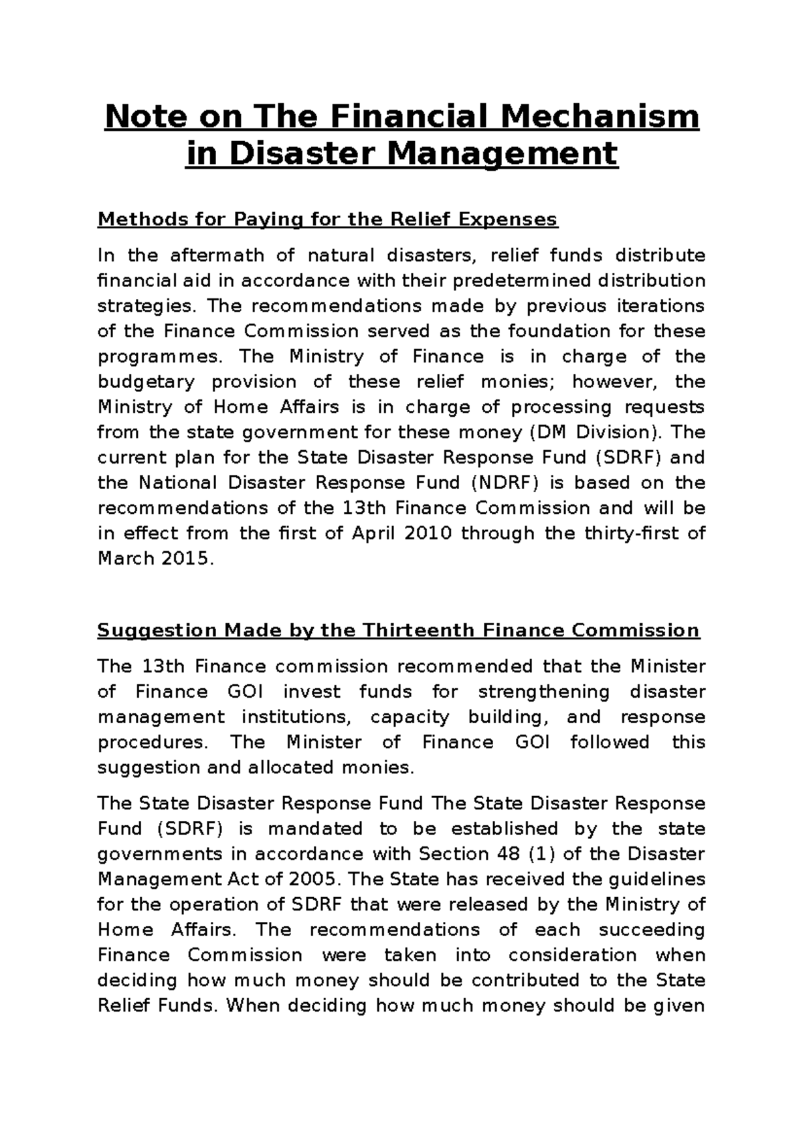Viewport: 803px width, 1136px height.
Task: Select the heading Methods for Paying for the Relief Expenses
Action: [327, 219]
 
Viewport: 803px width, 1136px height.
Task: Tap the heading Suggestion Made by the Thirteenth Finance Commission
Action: [398, 630]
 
